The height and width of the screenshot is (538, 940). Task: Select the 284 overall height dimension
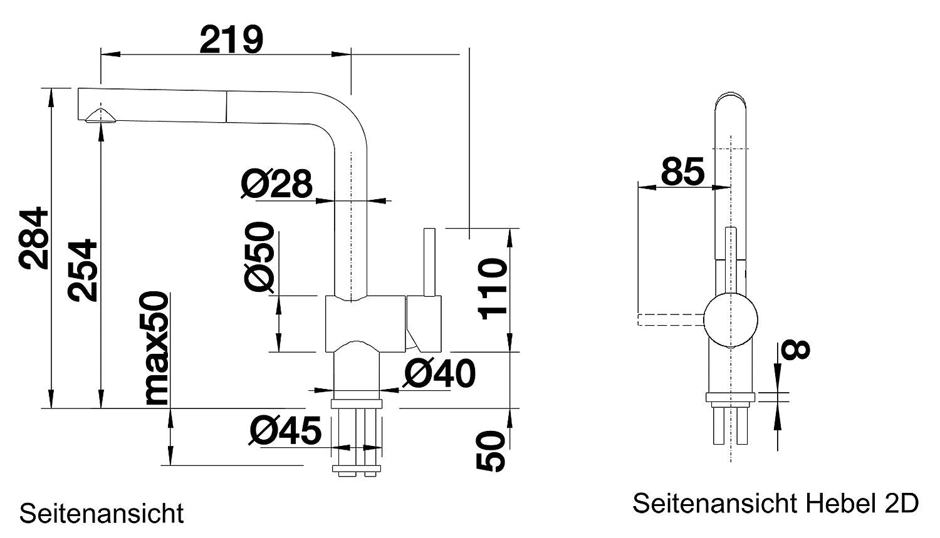(34, 237)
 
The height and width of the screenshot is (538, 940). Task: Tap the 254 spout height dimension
(83, 271)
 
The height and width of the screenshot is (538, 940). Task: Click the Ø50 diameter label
(259, 256)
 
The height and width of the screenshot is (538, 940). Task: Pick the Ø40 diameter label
(439, 373)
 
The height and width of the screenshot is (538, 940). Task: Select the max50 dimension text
(155, 349)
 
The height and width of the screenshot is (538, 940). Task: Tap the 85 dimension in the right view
(682, 171)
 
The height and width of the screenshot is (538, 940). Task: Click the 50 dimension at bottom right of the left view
(491, 451)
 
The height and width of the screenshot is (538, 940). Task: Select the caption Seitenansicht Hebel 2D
(776, 503)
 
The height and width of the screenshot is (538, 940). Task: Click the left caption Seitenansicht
(102, 513)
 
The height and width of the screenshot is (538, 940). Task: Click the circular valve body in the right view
(731, 320)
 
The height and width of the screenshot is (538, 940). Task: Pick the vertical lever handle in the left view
(429, 262)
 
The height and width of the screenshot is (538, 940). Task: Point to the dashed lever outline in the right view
(671, 319)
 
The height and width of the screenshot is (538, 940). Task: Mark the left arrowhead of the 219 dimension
(110, 54)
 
